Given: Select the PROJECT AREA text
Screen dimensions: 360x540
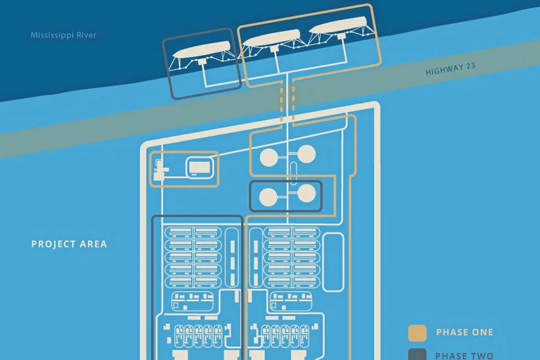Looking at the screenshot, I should point(69,244).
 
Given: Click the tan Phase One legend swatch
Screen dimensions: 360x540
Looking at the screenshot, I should point(418,332).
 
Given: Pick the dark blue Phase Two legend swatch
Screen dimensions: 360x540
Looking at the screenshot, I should point(418,354).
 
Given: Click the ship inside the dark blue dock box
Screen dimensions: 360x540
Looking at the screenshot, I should point(202,52).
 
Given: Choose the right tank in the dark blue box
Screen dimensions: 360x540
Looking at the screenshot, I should point(307,194).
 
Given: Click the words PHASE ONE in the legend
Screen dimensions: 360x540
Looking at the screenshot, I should point(464,332).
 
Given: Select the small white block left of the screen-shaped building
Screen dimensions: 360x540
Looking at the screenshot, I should point(160,175).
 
